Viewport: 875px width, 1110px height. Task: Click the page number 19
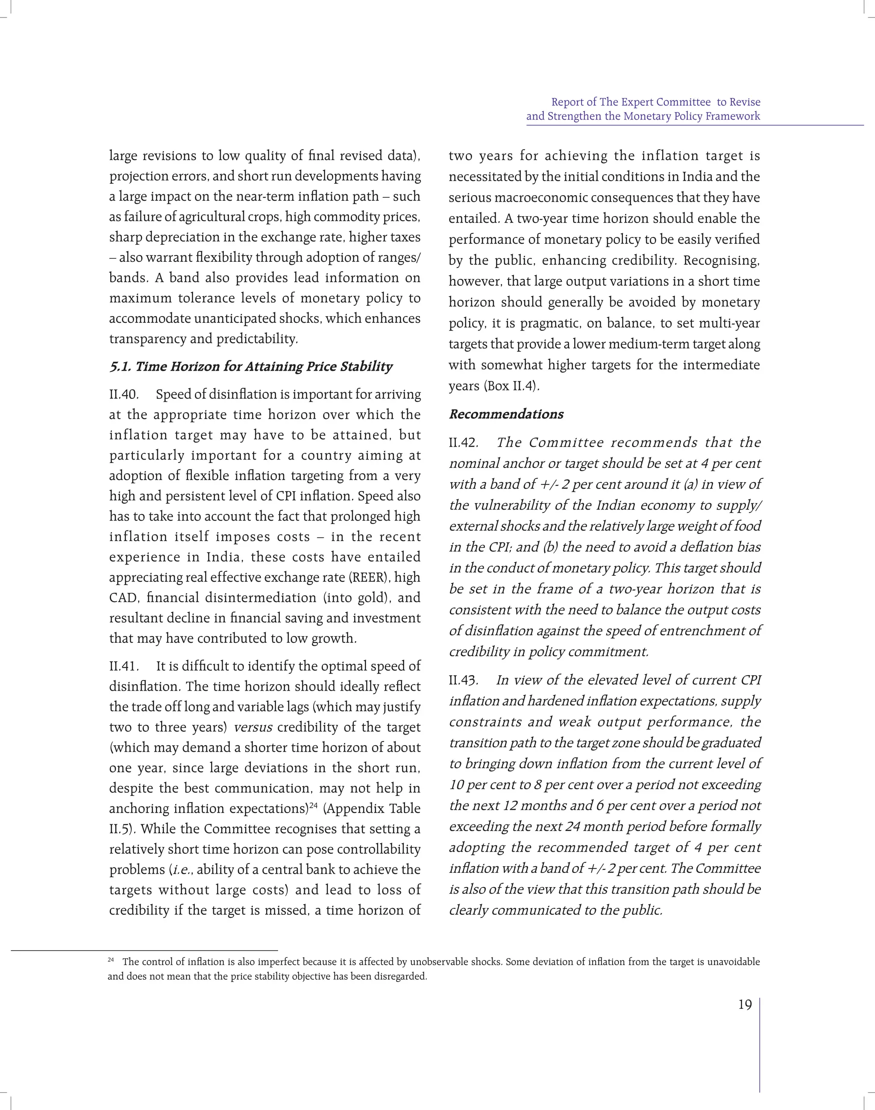[x=744, y=1005]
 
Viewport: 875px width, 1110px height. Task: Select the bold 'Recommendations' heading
[x=506, y=414]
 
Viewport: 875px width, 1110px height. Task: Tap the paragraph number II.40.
[x=123, y=395]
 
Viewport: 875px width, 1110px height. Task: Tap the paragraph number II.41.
[x=123, y=666]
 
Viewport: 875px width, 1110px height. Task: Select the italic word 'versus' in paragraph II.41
[x=253, y=727]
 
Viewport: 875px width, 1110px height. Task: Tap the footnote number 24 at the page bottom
[x=111, y=960]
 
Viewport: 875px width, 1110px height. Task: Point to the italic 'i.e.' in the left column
[x=182, y=870]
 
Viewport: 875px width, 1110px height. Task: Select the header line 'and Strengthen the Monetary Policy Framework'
[x=643, y=116]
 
